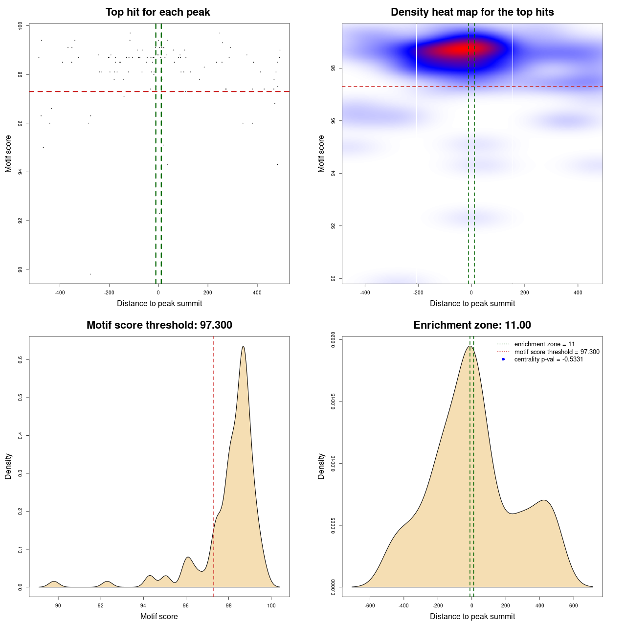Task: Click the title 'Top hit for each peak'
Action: [x=157, y=12]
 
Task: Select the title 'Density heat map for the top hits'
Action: [x=472, y=12]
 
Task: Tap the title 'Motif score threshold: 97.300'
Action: [x=159, y=325]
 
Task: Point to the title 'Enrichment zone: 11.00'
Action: [x=472, y=325]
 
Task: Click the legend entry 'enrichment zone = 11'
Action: [x=544, y=344]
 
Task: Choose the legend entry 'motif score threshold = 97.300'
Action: [x=557, y=352]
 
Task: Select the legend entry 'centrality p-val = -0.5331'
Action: [x=548, y=359]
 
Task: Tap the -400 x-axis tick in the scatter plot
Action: [x=60, y=293]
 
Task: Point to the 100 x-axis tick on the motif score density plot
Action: [x=271, y=606]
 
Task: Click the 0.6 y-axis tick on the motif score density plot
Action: [x=21, y=359]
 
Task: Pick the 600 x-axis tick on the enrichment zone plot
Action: [x=574, y=606]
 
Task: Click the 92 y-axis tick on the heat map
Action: [x=333, y=226]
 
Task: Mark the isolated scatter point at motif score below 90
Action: [x=90, y=274]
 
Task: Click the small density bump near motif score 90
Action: [x=54, y=581]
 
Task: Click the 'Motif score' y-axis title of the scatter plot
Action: [x=8, y=154]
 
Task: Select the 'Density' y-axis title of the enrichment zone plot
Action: [x=321, y=467]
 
